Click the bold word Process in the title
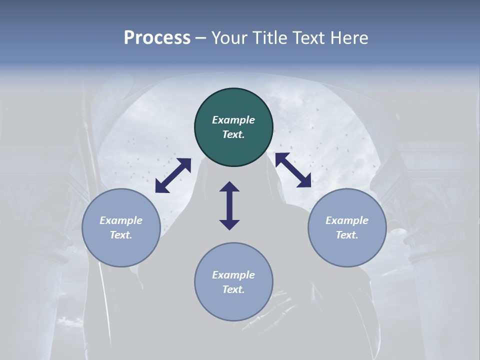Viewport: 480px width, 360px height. click(157, 38)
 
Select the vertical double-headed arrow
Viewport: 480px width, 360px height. click(229, 206)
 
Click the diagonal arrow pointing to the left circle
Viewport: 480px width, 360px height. click(173, 175)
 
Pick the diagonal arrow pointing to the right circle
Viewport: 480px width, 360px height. click(293, 170)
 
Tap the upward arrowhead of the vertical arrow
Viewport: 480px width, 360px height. click(229, 187)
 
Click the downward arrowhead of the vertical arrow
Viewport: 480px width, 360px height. click(229, 224)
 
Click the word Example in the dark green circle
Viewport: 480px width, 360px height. click(233, 120)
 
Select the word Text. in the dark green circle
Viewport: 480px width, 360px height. click(233, 134)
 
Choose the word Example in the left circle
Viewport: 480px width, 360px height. click(121, 220)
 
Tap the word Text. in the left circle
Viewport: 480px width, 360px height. click(121, 235)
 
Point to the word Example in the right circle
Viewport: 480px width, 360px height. click(347, 220)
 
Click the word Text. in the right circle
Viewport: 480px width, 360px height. click(347, 235)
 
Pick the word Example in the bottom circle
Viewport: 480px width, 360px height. click(233, 275)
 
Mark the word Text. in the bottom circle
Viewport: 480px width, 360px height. click(233, 289)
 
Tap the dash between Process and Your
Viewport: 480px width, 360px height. click(201, 38)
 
